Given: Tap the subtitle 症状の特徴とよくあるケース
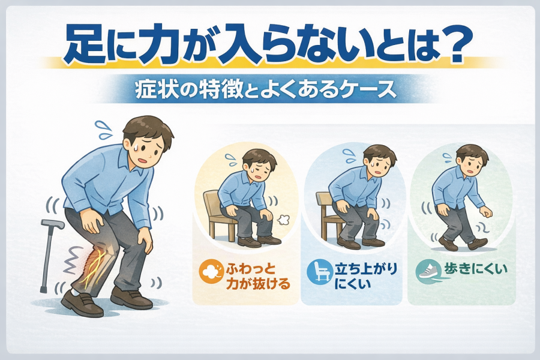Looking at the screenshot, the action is [266, 90].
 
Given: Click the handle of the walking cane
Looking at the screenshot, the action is [53, 224].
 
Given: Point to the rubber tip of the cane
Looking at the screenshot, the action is [43, 289].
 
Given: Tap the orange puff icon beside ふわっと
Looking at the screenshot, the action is [209, 271].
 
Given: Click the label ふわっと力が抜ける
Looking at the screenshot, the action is [257, 276].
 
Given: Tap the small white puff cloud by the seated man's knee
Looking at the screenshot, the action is [283, 220].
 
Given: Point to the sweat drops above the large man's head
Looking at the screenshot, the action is [104, 130].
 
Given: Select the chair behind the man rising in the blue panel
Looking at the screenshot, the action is [326, 215].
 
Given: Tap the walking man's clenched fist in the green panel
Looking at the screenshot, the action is [485, 211].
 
